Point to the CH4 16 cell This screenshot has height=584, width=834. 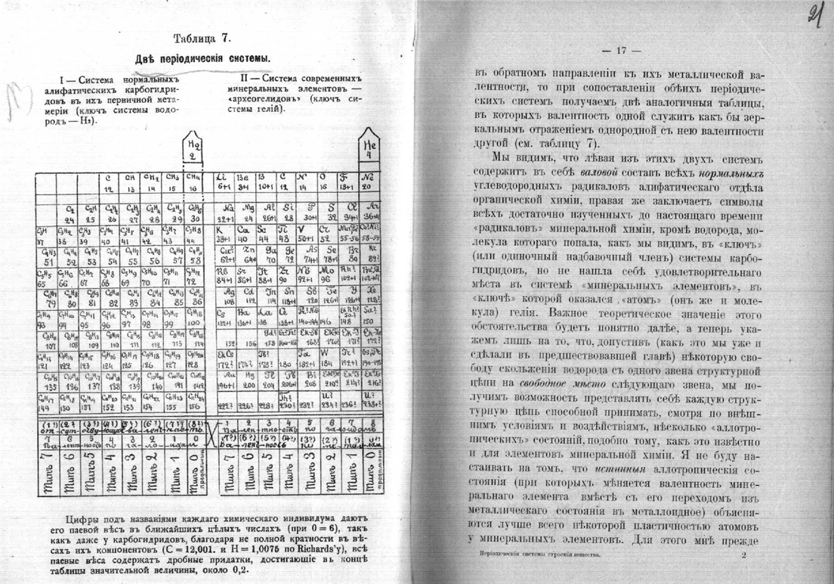195,183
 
